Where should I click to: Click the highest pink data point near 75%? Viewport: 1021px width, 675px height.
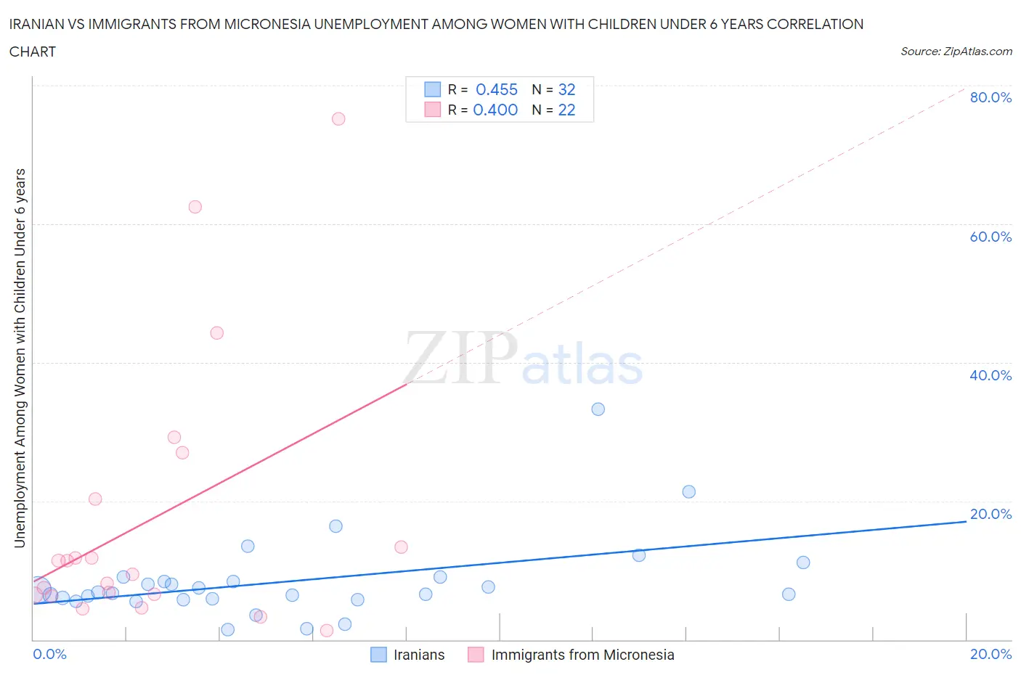coord(338,119)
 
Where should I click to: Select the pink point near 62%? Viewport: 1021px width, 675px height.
coord(195,207)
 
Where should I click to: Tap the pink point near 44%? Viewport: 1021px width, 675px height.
coord(216,333)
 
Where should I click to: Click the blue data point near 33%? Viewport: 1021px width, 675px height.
coord(598,409)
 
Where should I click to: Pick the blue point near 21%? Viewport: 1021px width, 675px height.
coord(689,492)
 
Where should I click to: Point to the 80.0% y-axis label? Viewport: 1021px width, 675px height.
coord(991,98)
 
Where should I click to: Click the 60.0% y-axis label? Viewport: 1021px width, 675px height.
coord(991,237)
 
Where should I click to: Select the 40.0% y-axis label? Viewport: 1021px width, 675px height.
coord(991,375)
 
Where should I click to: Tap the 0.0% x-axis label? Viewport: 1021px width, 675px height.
coord(49,655)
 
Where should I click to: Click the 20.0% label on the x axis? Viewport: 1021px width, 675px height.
coord(991,655)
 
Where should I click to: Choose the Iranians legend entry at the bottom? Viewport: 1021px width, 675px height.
coord(418,655)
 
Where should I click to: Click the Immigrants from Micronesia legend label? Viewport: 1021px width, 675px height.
coord(582,655)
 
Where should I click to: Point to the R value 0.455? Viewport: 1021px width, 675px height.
coord(497,89)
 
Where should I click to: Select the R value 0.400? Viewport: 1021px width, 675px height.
coord(495,110)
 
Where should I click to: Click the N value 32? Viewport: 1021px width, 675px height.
coord(566,89)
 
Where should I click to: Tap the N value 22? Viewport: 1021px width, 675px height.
coord(566,110)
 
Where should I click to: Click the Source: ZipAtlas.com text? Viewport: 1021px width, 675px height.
coord(956,52)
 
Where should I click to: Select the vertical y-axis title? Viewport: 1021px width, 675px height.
coord(20,358)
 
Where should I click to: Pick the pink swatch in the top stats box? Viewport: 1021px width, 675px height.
coord(432,110)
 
